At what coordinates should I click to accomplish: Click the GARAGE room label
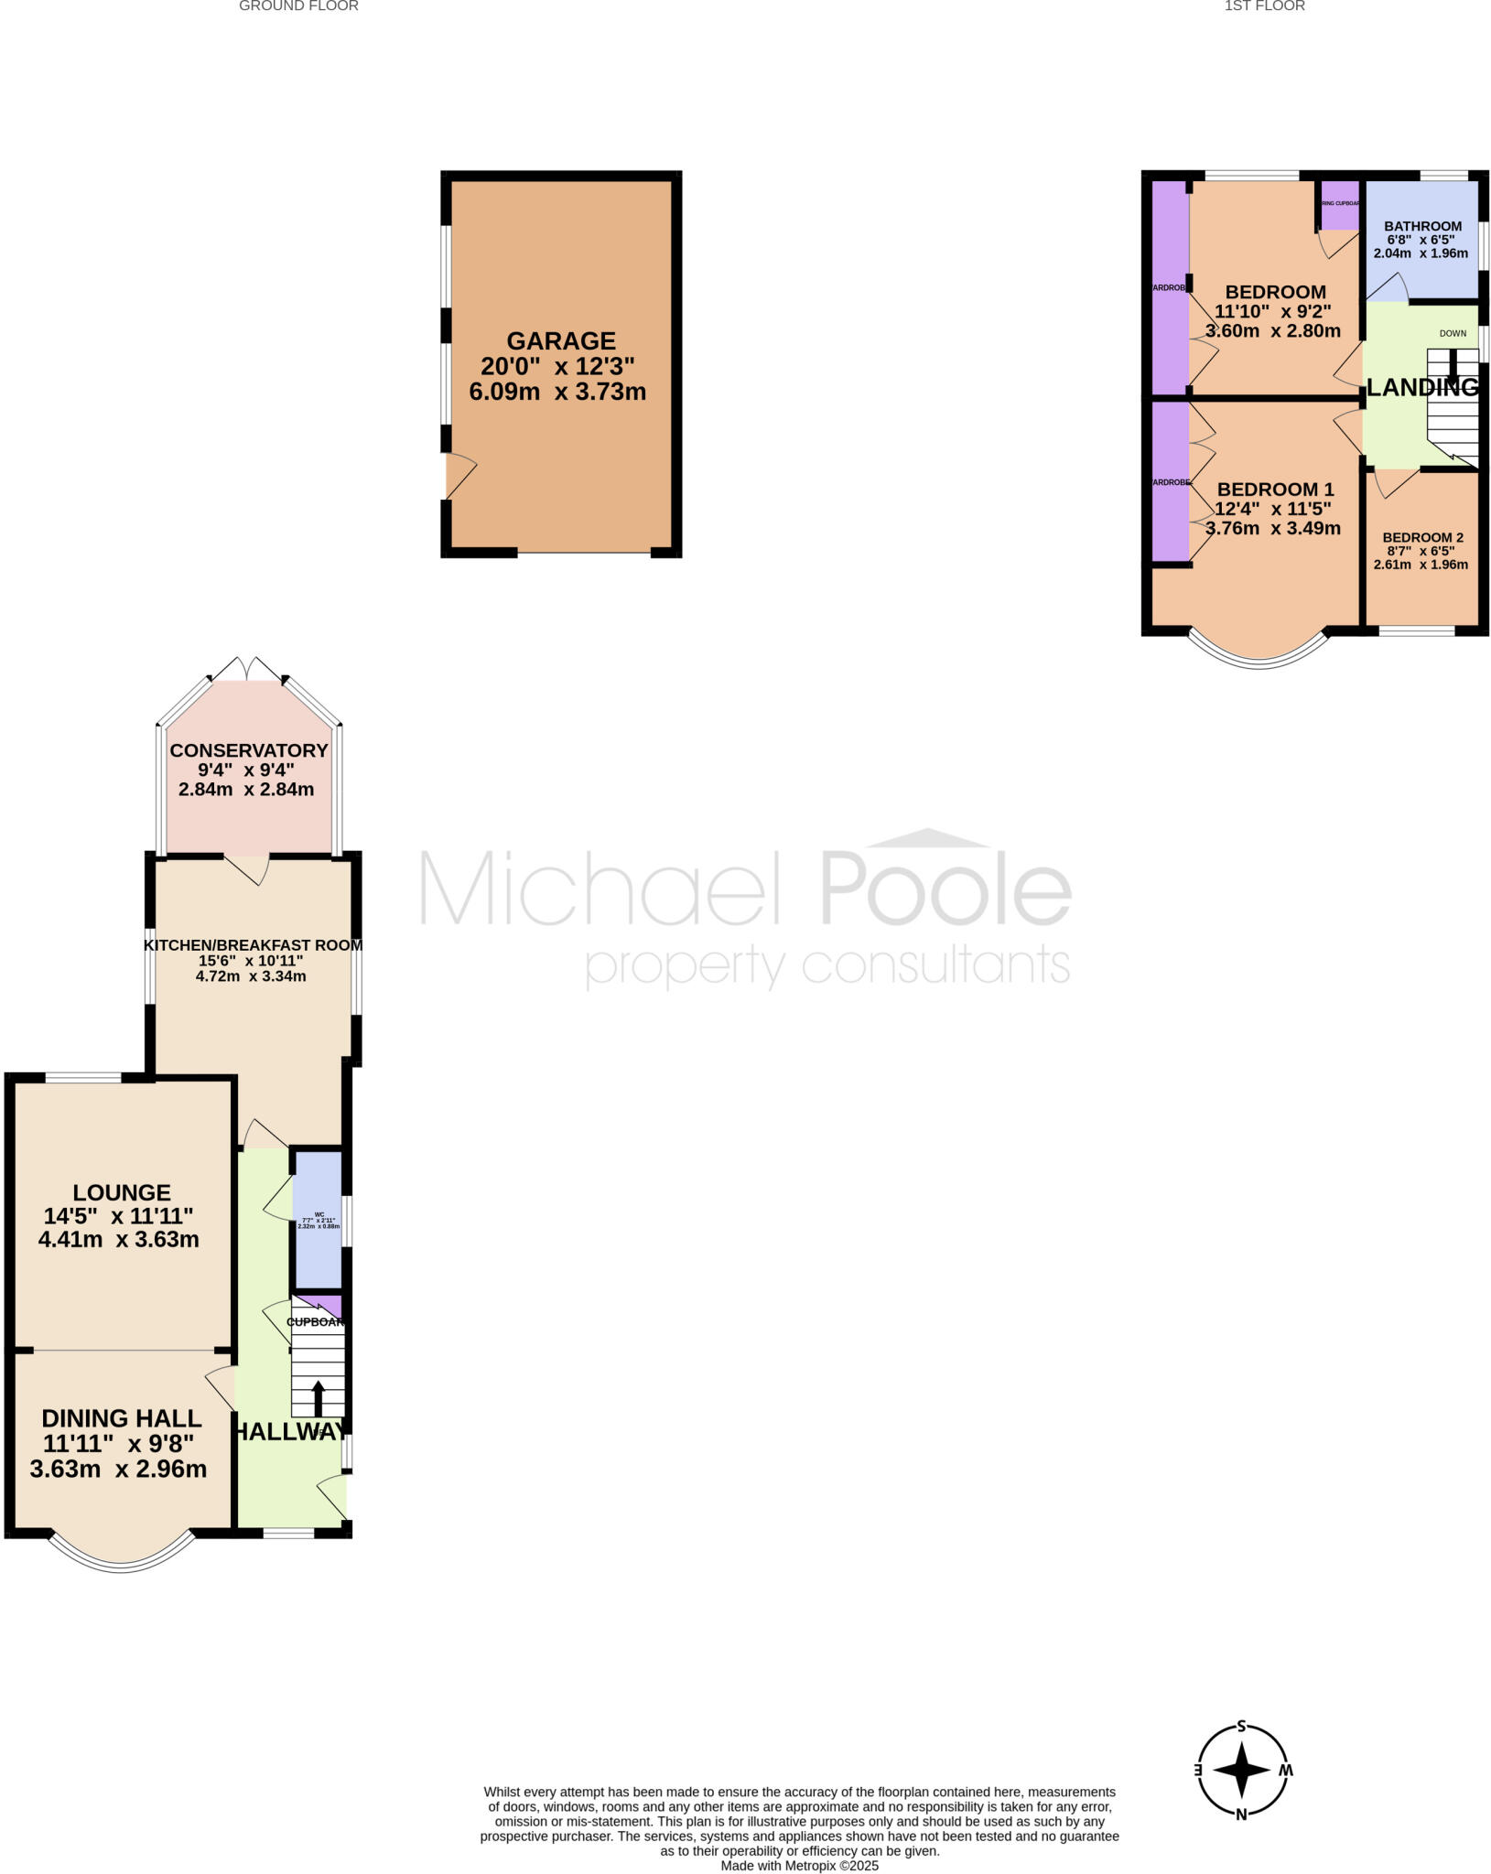pos(560,341)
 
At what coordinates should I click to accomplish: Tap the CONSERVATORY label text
pos(249,750)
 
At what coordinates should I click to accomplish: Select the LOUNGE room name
pos(122,1192)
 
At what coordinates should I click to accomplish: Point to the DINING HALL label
pos(122,1418)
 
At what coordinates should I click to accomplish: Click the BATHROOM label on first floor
pos(1422,226)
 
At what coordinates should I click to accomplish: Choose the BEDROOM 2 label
pos(1422,537)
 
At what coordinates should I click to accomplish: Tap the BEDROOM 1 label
pos(1275,489)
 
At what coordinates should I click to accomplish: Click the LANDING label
pos(1421,387)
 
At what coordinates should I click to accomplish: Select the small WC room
pos(318,1220)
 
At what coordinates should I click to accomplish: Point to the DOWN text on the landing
pos(1453,333)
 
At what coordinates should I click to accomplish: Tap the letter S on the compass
pos(1242,1727)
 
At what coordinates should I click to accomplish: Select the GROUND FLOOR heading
pos(298,6)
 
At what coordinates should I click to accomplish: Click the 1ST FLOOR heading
pos(1264,6)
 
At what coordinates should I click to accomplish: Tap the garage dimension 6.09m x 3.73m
pos(557,393)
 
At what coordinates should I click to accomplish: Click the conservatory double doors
pos(247,671)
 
